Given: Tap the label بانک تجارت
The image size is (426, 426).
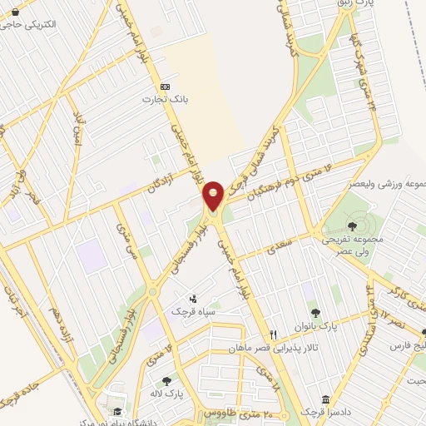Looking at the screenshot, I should tap(165, 99).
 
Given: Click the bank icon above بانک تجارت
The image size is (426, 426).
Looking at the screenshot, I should tap(165, 87).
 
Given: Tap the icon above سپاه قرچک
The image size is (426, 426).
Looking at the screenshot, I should tap(193, 299).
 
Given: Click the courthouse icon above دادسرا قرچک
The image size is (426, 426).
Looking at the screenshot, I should tap(325, 400).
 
